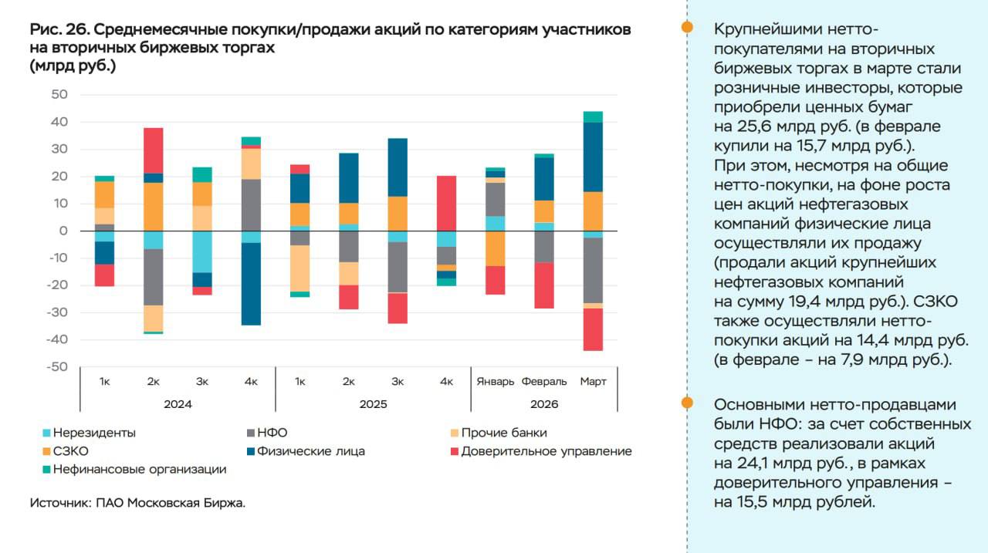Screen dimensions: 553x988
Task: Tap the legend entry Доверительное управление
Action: (x=546, y=451)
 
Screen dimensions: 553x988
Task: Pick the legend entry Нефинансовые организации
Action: (x=140, y=469)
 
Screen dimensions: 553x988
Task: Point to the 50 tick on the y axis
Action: (x=59, y=95)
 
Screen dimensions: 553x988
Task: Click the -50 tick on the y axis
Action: (x=57, y=366)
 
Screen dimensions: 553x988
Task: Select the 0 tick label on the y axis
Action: (x=64, y=231)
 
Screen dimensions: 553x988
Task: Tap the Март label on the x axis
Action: (x=593, y=381)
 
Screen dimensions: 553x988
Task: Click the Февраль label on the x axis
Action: (x=544, y=381)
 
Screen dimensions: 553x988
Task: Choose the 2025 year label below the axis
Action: (x=373, y=403)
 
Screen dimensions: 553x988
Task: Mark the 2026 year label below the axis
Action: (x=544, y=403)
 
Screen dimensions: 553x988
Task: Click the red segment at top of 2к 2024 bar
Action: (x=153, y=150)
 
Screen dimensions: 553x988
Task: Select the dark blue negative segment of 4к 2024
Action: (x=251, y=284)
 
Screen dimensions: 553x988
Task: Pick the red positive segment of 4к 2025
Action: (x=446, y=203)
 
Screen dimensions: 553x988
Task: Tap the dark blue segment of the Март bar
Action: (x=593, y=157)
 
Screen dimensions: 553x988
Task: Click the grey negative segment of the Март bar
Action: (x=593, y=270)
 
